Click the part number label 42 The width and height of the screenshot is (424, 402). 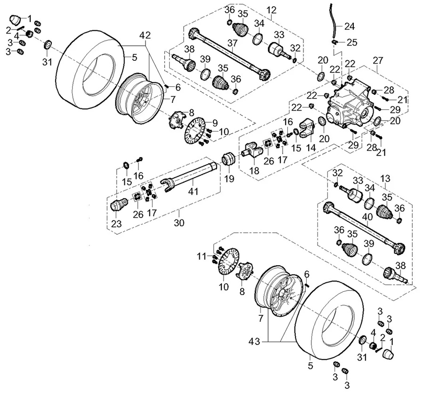[145, 35]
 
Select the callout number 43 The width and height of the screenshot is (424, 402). [254, 342]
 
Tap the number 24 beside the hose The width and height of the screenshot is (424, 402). [350, 26]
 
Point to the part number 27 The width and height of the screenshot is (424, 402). [378, 60]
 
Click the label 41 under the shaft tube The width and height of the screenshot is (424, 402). [193, 191]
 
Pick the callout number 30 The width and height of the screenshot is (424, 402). [179, 222]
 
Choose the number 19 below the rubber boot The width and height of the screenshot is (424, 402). [229, 179]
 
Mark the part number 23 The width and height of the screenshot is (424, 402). [116, 224]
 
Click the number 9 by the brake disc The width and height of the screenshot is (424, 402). [215, 123]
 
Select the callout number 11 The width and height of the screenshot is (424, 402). [202, 256]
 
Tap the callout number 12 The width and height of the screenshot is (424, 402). [271, 10]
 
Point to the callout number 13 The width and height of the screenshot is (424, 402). [385, 179]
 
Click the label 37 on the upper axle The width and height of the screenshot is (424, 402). [232, 43]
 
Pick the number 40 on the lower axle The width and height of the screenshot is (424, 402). [367, 217]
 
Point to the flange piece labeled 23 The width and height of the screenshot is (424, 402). [119, 205]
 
